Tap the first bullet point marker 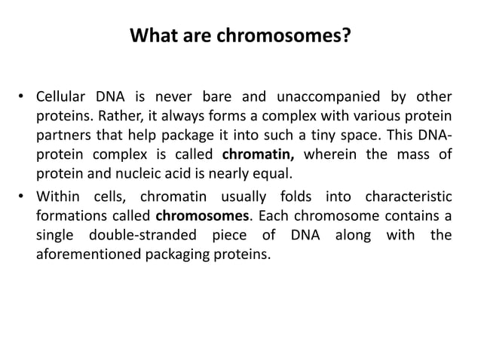coord(23,97)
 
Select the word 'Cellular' coord(64,97)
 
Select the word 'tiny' coord(328,136)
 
